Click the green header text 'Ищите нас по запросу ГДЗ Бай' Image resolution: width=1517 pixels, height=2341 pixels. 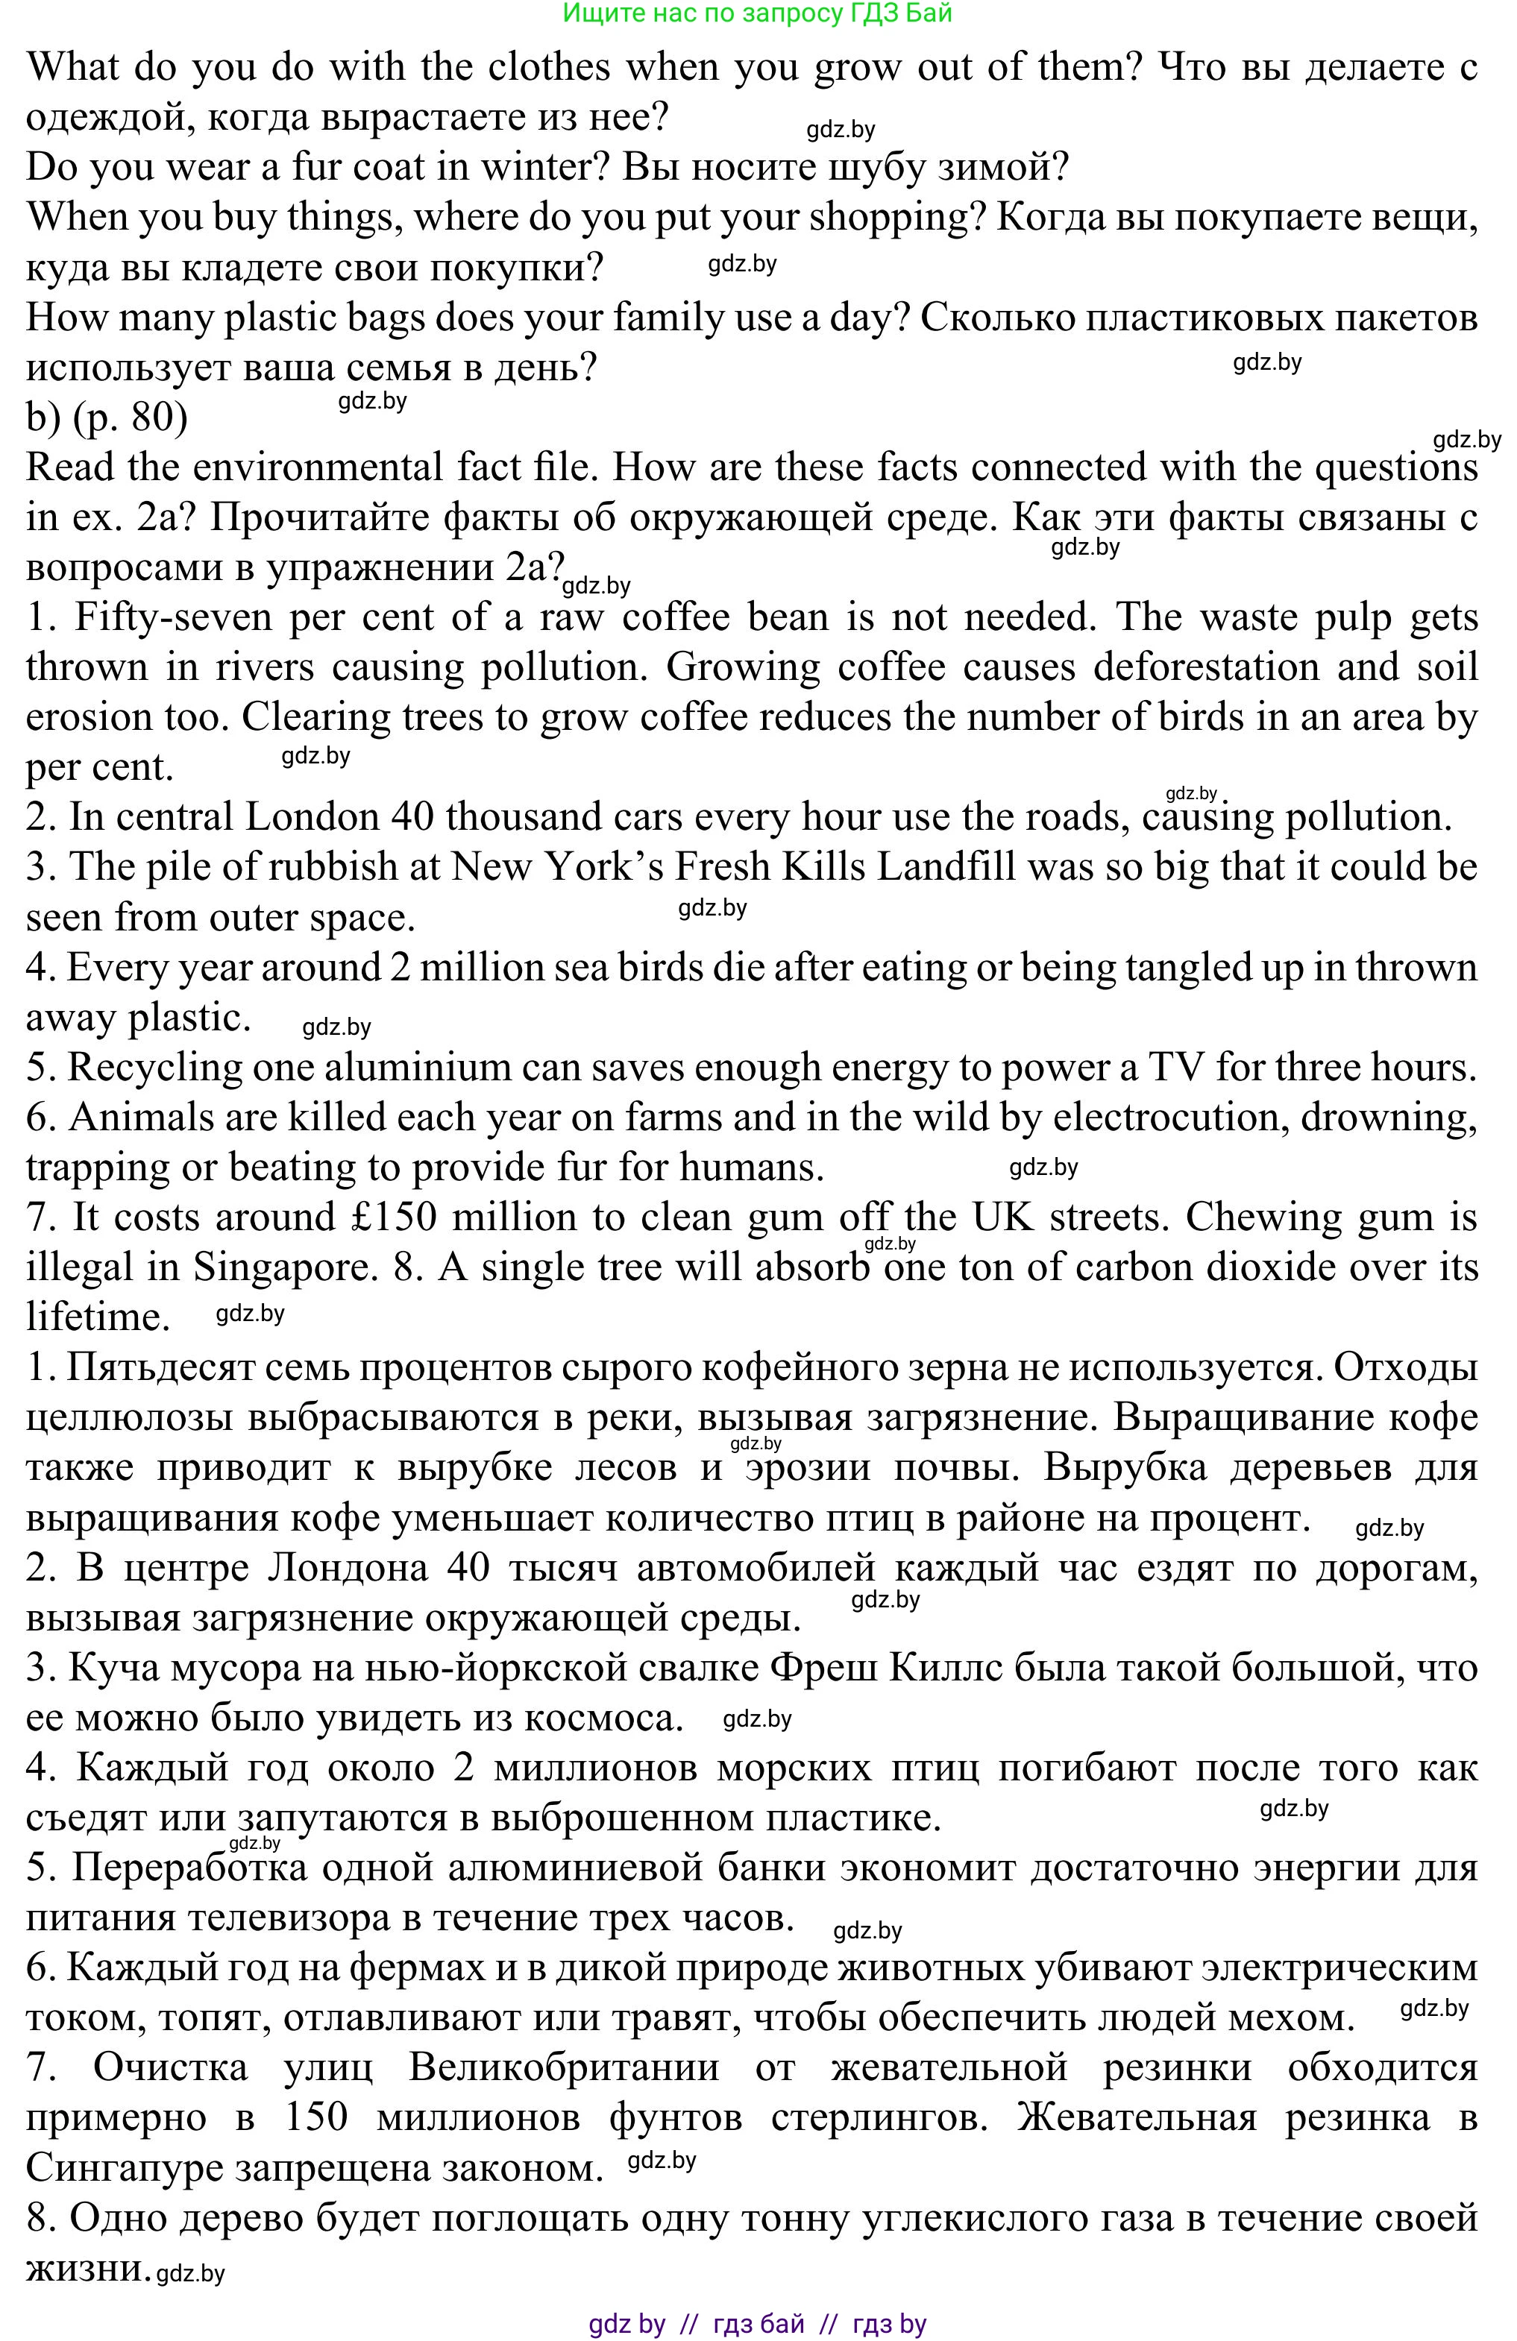(758, 13)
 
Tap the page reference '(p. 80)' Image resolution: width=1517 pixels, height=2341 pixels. (130, 418)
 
